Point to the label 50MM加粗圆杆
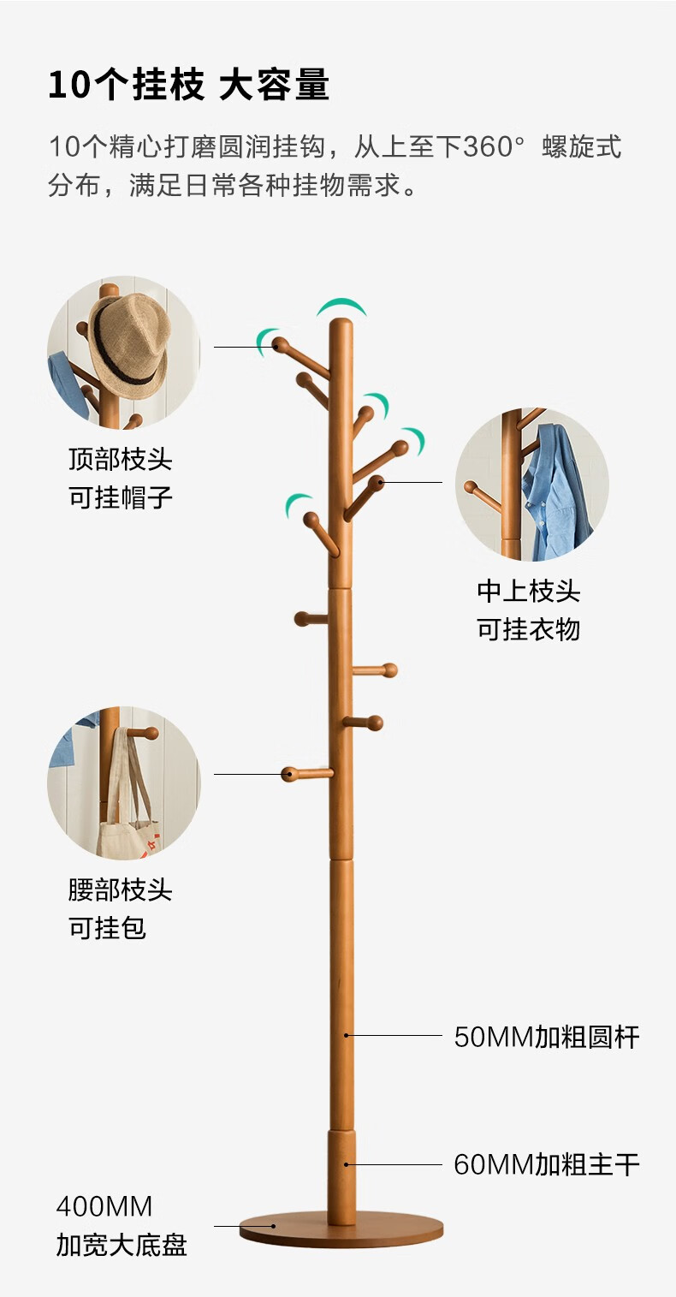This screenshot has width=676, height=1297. (546, 1038)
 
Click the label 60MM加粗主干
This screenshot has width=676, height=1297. (546, 1164)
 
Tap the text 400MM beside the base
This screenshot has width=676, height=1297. (104, 1207)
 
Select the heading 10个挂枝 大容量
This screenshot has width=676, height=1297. (188, 86)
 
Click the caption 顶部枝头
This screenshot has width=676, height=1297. (121, 460)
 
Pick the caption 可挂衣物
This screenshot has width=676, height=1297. (528, 629)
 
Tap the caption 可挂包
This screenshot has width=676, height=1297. (108, 927)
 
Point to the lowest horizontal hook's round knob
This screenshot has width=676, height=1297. (289, 775)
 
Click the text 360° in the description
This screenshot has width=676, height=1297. (492, 147)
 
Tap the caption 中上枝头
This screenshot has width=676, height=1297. (528, 591)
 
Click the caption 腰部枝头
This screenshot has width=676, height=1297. (121, 889)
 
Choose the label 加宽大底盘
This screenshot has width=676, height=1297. (121, 1245)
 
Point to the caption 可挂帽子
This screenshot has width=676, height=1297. (121, 497)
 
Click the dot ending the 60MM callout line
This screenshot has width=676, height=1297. (346, 1164)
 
